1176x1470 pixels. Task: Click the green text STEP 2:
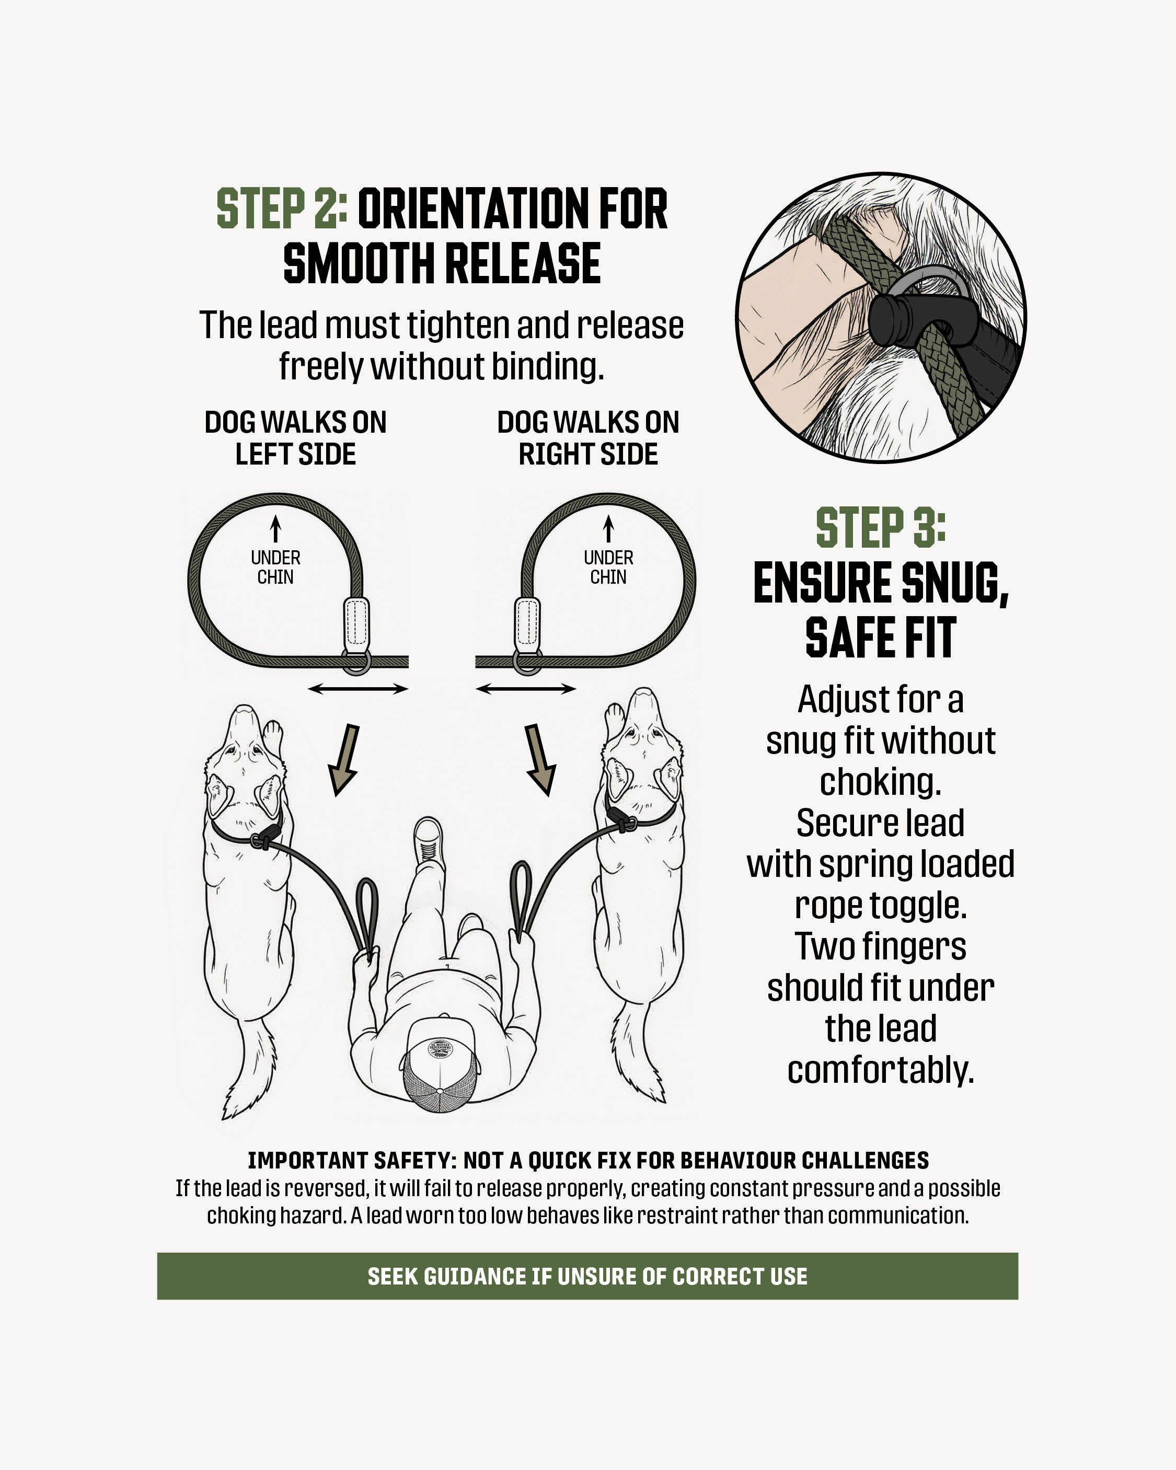click(x=282, y=209)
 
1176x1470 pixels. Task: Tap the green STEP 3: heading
click(x=881, y=527)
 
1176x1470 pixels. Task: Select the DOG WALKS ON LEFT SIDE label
click(x=295, y=438)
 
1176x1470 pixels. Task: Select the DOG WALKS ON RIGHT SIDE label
click(x=588, y=438)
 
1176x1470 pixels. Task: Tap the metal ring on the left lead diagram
click(x=356, y=662)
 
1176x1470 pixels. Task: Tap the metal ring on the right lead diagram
click(x=527, y=662)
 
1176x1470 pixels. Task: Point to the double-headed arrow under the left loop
click(x=358, y=689)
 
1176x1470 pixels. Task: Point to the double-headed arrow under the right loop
click(x=526, y=689)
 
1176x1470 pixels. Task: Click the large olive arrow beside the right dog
click(x=540, y=759)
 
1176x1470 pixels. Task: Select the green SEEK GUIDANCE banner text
click(x=587, y=1276)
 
